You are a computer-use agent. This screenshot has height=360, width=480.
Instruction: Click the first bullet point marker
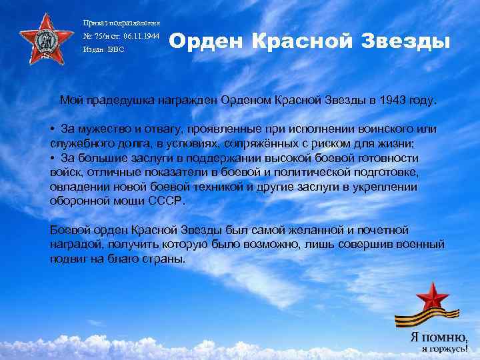point(52,127)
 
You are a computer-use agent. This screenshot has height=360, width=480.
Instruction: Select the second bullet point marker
point(52,158)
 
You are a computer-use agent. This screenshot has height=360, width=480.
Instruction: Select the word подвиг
point(68,259)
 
